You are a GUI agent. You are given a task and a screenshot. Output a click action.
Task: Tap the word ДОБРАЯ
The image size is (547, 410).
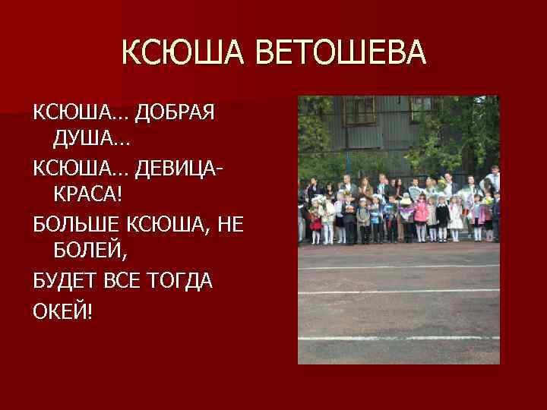pyautogui.click(x=175, y=112)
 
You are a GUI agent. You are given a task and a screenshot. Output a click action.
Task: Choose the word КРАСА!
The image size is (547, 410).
pyautogui.click(x=87, y=195)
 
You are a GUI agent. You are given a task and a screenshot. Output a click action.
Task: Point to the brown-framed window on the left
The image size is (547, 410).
pyautogui.click(x=359, y=111)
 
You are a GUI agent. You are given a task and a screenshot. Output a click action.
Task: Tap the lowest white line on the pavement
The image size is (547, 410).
pyautogui.click(x=399, y=338)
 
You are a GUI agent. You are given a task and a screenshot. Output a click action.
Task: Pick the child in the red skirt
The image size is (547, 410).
pyautogui.click(x=315, y=222)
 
